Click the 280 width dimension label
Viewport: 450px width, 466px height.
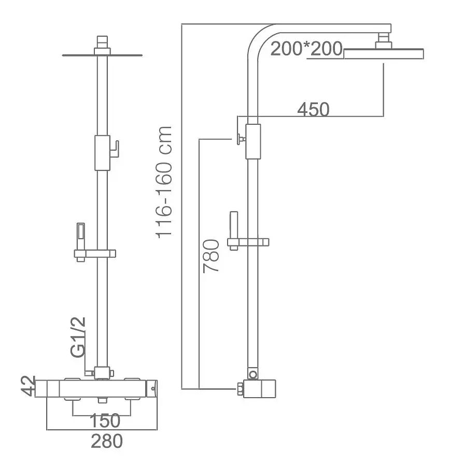pos(107,441)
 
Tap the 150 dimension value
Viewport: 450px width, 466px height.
pos(105,420)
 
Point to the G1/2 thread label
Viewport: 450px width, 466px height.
pos(78,337)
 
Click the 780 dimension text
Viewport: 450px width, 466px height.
pos(211,256)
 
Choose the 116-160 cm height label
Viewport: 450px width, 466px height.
pos(164,182)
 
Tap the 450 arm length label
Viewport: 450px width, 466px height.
pos(313,109)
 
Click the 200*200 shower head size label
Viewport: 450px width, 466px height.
pos(306,49)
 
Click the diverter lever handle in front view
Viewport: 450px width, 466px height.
pos(115,149)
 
